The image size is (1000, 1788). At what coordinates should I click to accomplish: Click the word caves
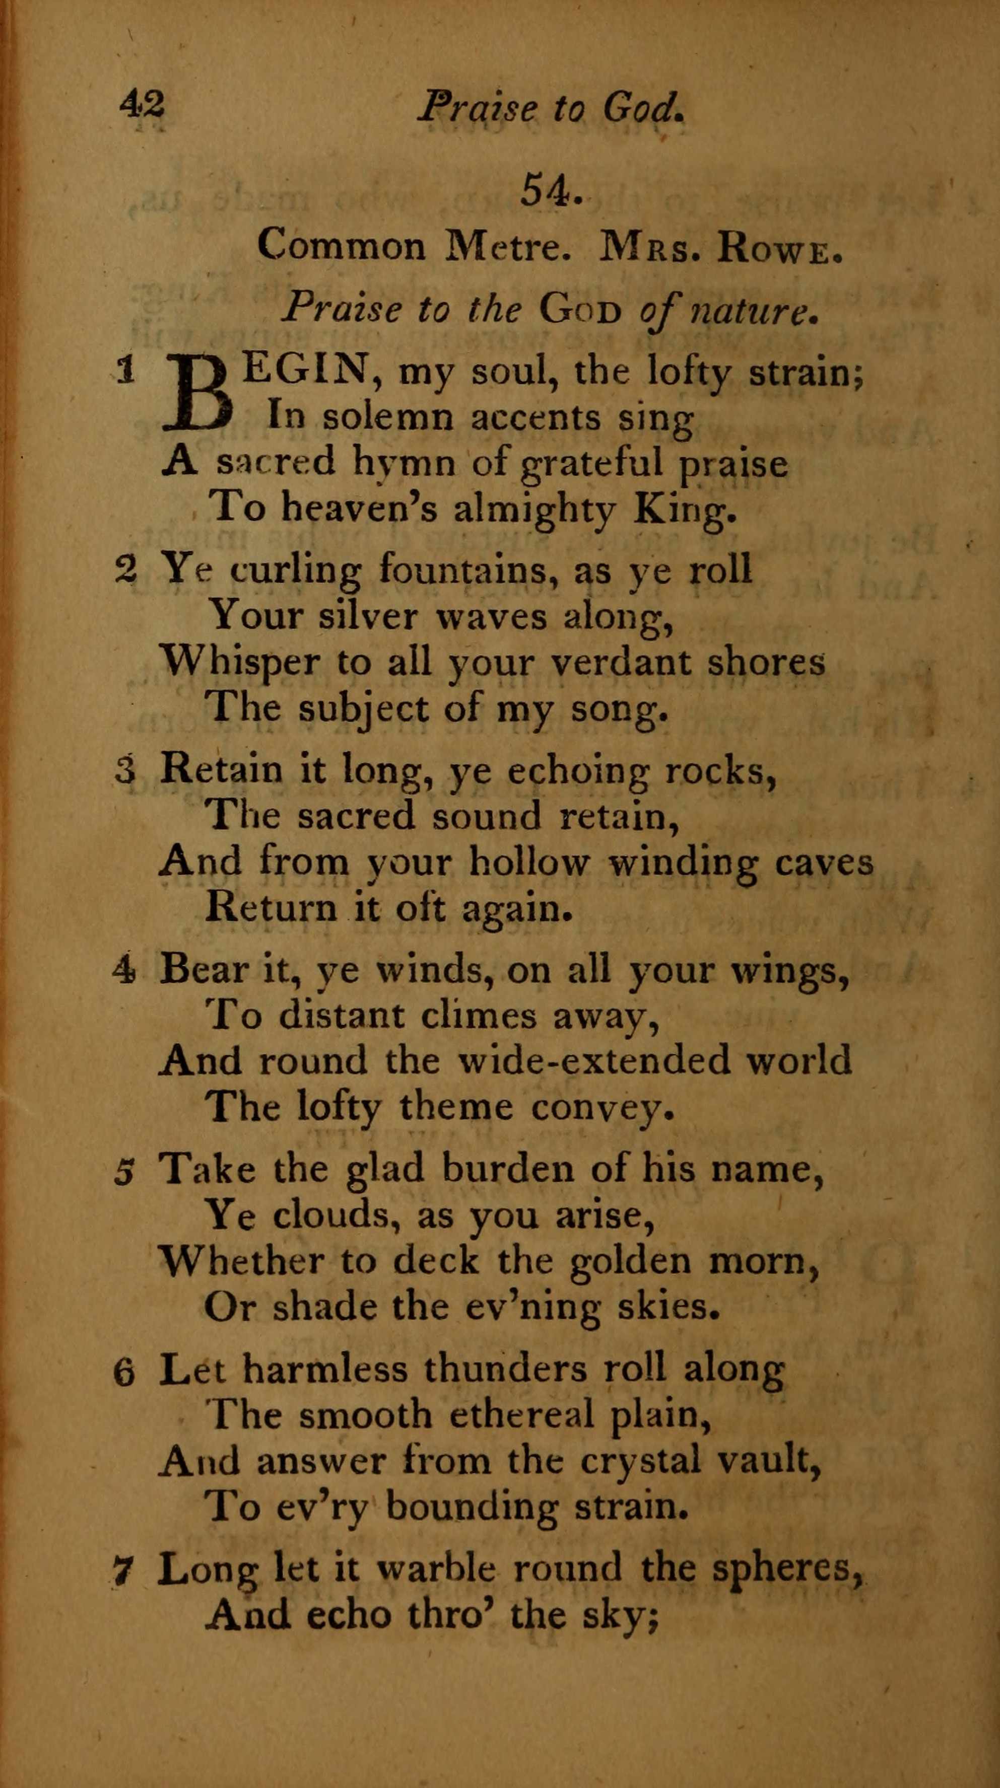824,862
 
